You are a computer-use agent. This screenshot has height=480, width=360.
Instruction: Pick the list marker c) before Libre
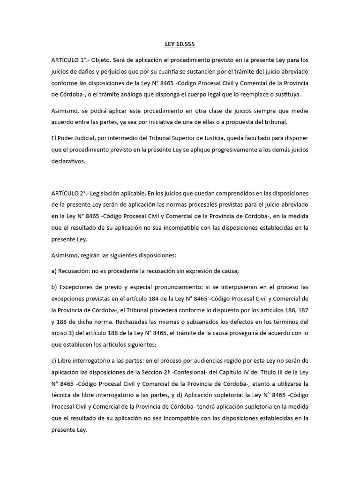click(x=54, y=360)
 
